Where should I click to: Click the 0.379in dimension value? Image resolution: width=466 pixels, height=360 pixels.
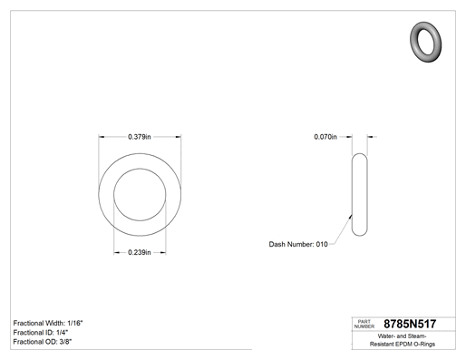click(x=140, y=137)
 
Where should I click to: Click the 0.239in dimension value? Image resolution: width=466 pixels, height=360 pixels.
click(x=140, y=252)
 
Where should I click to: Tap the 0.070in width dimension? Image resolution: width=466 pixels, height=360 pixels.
click(x=325, y=137)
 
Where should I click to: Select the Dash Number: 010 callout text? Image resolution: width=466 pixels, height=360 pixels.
click(x=298, y=244)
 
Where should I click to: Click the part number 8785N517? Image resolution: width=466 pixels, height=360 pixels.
click(x=410, y=324)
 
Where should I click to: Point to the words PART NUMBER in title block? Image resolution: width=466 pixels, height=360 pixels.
click(x=364, y=324)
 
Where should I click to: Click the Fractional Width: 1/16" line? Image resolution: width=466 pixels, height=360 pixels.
click(x=48, y=323)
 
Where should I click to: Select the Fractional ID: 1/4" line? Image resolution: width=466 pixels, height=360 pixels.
click(x=41, y=333)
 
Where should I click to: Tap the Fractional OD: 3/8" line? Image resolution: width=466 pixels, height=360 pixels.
click(x=43, y=342)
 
